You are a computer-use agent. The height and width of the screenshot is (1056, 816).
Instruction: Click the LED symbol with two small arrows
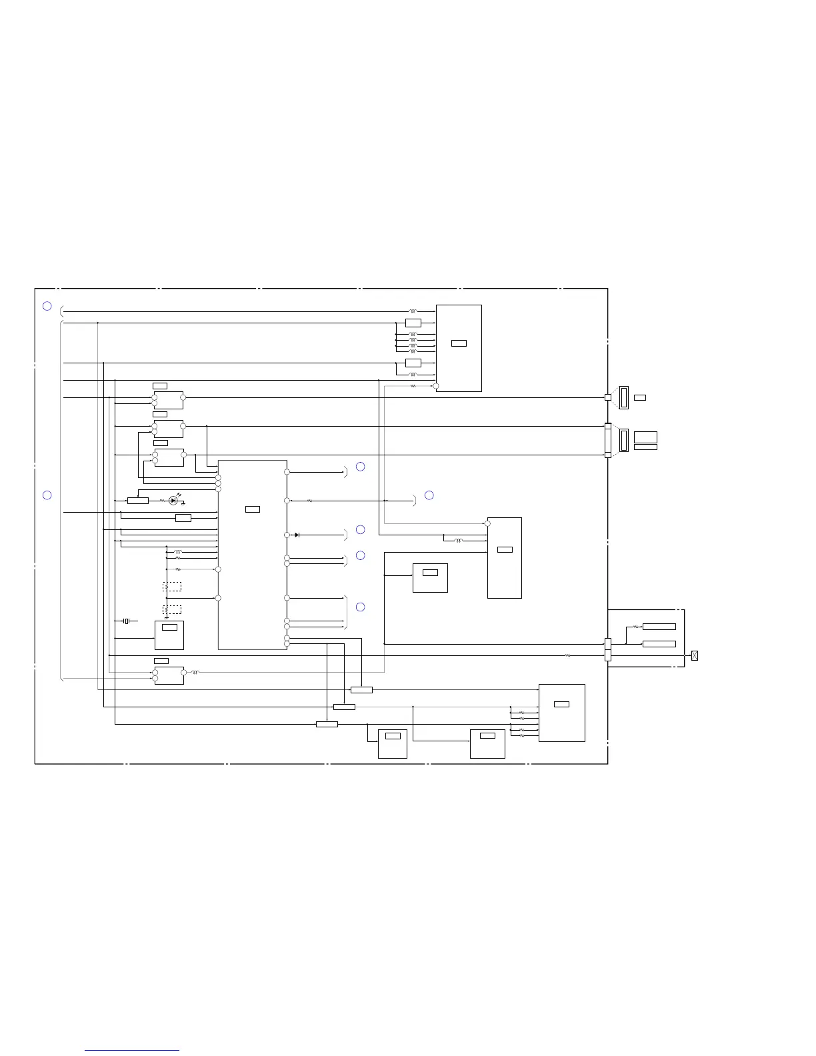[173, 500]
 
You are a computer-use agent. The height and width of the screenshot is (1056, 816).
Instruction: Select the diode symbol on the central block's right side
[297, 535]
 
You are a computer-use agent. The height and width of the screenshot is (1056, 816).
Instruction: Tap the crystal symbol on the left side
[127, 621]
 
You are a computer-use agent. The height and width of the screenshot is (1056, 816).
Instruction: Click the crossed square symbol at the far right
[695, 655]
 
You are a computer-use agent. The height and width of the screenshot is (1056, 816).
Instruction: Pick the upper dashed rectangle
[172, 587]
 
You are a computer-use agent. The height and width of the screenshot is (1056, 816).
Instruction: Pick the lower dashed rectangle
[172, 609]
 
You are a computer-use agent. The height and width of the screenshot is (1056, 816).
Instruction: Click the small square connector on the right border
[607, 397]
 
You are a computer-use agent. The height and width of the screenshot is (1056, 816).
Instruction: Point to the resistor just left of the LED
[162, 500]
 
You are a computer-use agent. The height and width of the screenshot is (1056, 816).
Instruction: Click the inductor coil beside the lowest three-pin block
[195, 673]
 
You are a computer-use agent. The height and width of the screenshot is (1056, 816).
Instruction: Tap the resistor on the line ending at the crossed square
[567, 655]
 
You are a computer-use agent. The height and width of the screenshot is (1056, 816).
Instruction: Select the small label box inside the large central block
[253, 509]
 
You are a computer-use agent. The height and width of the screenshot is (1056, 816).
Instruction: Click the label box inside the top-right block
[459, 343]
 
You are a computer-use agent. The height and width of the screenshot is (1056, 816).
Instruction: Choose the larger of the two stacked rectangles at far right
[645, 437]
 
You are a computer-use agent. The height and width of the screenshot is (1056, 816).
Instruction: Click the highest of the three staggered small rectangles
[361, 689]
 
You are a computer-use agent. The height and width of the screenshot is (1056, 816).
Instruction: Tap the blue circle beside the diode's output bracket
[360, 529]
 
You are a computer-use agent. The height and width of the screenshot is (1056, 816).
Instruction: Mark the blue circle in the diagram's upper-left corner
[47, 306]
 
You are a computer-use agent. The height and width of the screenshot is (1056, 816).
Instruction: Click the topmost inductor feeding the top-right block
[413, 311]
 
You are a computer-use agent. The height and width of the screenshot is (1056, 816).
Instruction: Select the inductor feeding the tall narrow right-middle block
[458, 541]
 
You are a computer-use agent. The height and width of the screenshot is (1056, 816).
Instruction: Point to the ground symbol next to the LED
[183, 503]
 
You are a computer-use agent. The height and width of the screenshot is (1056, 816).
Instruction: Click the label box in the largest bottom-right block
[562, 704]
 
